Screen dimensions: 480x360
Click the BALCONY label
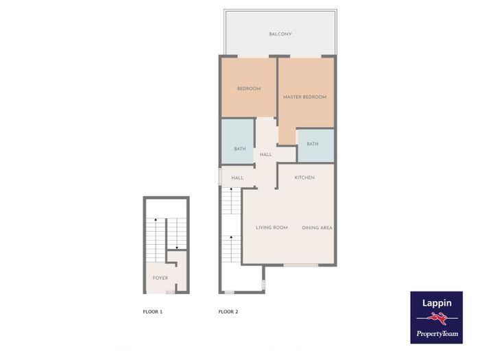pos(280,34)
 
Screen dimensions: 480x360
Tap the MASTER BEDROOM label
pos(304,97)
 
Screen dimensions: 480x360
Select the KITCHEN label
pos(304,178)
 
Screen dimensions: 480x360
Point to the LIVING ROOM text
pos(272,228)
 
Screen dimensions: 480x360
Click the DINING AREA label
pos(317,228)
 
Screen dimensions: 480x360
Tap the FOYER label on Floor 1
pos(160,278)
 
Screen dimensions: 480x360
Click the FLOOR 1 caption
pos(153,312)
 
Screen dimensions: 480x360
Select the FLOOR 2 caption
pos(228,312)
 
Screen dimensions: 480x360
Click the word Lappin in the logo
pos(437,303)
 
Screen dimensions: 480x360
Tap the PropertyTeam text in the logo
pos(437,334)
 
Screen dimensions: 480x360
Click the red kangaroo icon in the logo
pos(437,318)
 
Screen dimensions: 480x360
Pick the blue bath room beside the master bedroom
pos(315,145)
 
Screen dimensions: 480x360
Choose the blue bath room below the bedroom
pos(237,141)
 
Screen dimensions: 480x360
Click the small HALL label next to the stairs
pos(237,178)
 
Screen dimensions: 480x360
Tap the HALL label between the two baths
pos(266,154)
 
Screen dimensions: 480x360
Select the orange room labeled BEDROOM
pos(248,88)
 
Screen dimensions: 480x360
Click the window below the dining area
pos(300,265)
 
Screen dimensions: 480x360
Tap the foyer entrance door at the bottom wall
pos(170,292)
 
